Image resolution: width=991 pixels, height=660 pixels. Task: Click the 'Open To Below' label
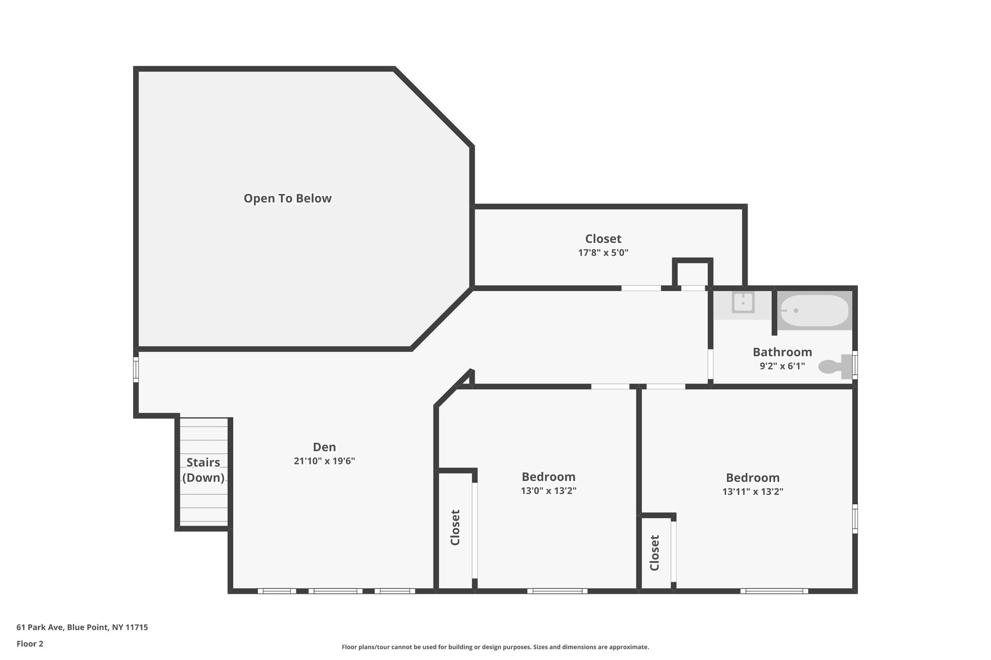pyautogui.click(x=287, y=198)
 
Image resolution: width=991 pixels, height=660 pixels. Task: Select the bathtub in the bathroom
pyautogui.click(x=815, y=310)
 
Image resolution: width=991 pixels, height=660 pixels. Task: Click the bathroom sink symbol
pyautogui.click(x=743, y=303)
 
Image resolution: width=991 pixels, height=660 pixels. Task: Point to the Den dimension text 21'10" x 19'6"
pyautogui.click(x=324, y=461)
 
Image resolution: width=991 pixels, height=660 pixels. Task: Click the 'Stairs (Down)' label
pyautogui.click(x=203, y=470)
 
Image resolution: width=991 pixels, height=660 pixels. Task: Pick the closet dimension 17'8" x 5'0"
pyautogui.click(x=603, y=252)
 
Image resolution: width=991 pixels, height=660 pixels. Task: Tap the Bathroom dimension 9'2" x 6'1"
pyautogui.click(x=782, y=366)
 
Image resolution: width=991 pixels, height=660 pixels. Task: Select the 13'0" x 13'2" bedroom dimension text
pyautogui.click(x=548, y=491)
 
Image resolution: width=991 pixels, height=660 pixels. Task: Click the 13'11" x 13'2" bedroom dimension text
pyautogui.click(x=752, y=492)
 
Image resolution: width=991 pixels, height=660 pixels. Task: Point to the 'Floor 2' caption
pyautogui.click(x=30, y=644)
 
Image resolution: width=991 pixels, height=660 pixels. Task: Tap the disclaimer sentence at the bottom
pyautogui.click(x=495, y=647)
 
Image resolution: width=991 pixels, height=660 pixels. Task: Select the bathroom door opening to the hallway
pyautogui.click(x=710, y=364)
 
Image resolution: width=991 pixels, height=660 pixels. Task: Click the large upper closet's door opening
pyautogui.click(x=641, y=288)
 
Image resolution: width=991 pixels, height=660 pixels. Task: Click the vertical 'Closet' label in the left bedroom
pyautogui.click(x=455, y=527)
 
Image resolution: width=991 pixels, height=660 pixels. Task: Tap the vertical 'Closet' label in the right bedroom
pyautogui.click(x=654, y=553)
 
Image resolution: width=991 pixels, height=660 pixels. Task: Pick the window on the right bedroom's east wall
pyautogui.click(x=855, y=519)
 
